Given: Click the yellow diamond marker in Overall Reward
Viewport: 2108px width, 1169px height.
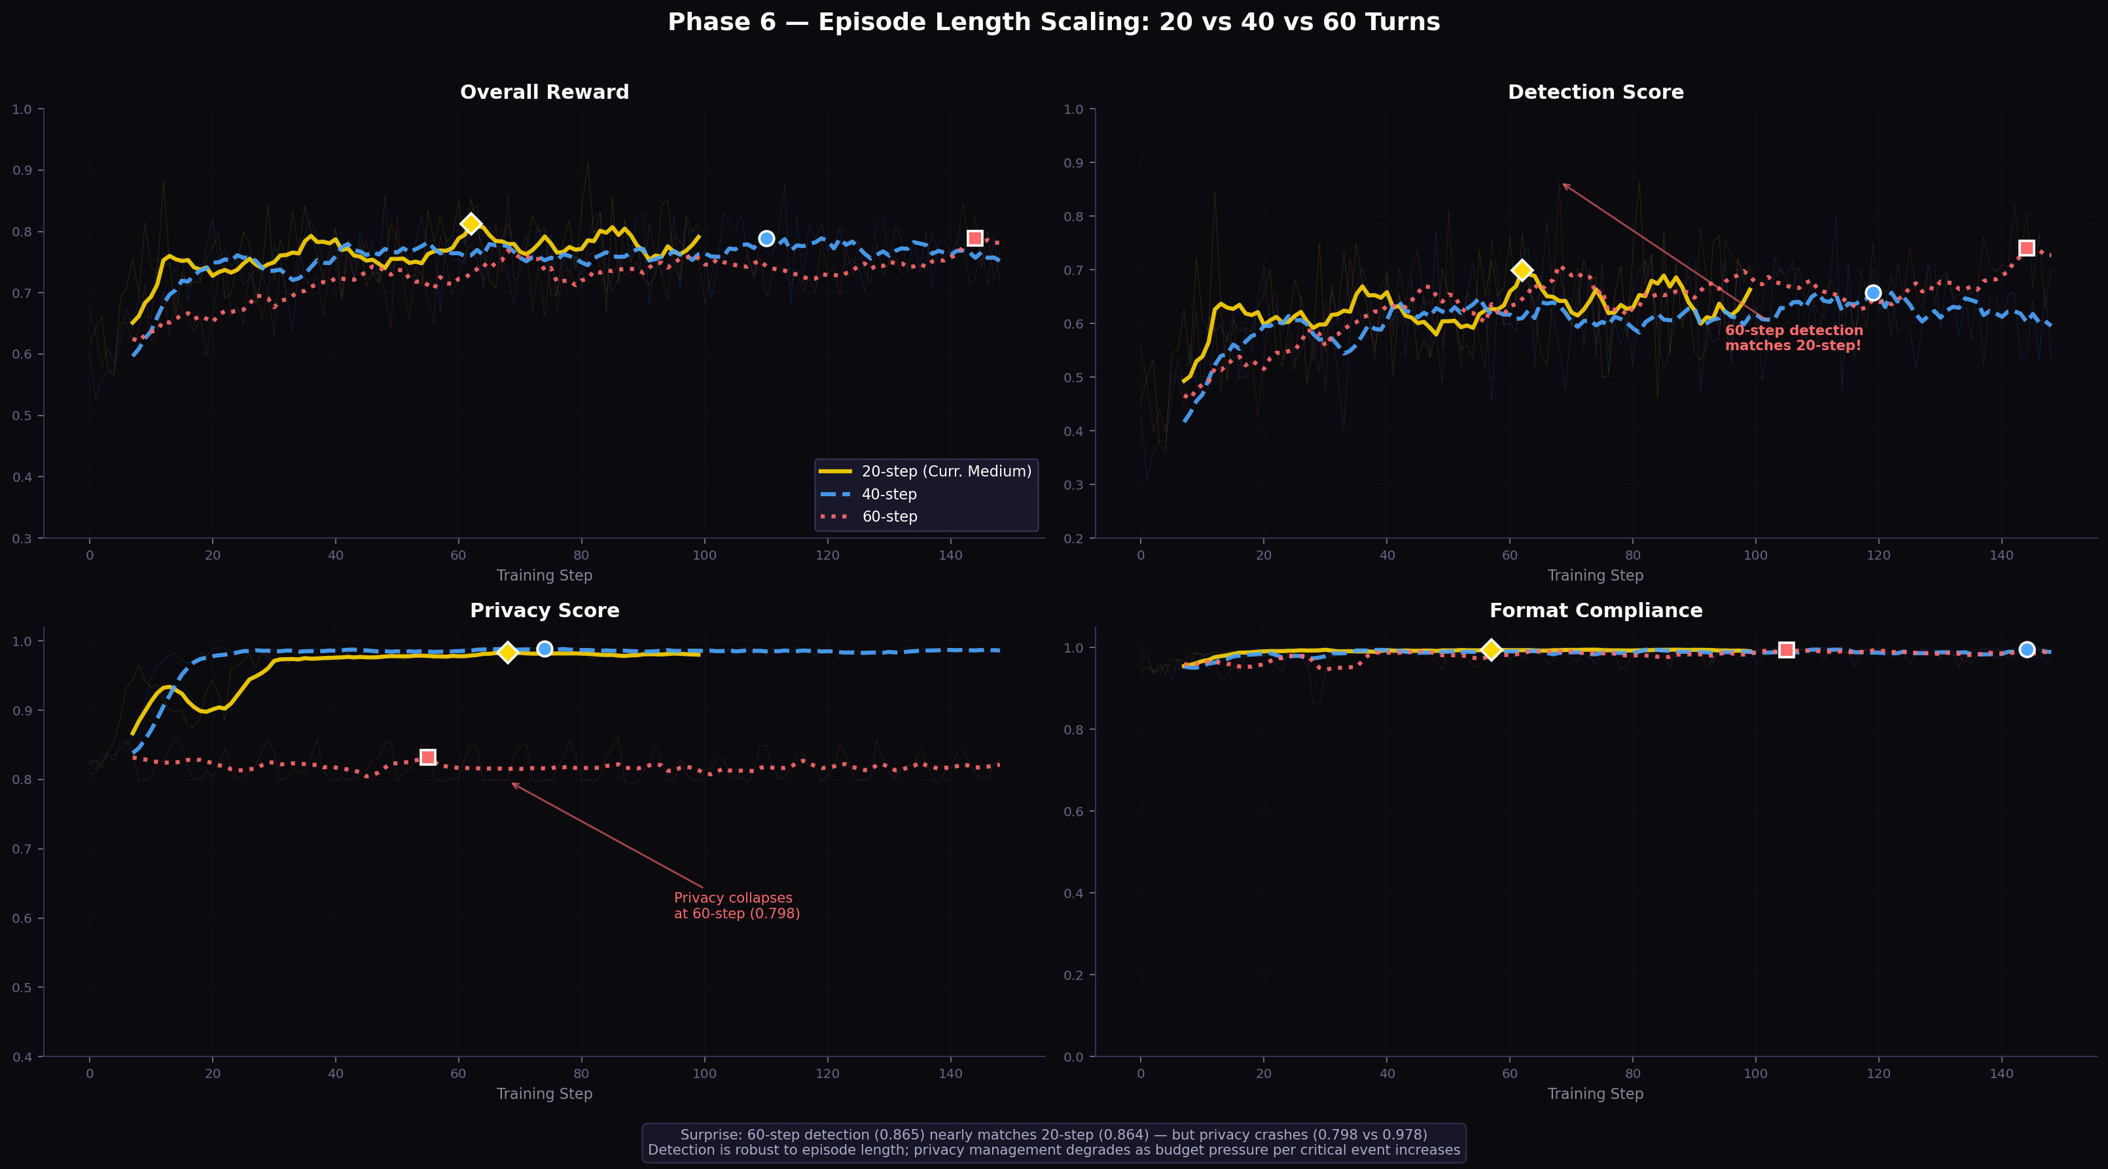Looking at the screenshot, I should [x=471, y=223].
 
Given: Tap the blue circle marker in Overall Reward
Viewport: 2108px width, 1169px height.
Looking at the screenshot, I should [x=766, y=238].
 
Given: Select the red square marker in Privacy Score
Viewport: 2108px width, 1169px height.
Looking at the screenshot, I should [x=427, y=757].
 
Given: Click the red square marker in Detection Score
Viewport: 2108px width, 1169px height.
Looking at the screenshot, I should [x=2026, y=248].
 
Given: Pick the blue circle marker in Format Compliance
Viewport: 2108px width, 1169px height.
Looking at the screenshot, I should [x=2026, y=649].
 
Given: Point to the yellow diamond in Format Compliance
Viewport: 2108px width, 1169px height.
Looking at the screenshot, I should [x=1491, y=650].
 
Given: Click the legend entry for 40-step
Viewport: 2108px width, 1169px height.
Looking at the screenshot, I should [x=889, y=494].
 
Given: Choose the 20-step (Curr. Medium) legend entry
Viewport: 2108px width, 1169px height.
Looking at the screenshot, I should [x=946, y=471].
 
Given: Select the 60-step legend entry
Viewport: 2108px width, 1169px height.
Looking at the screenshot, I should [x=889, y=516].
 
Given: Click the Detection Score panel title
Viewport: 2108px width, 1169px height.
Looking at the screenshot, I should [x=1595, y=92].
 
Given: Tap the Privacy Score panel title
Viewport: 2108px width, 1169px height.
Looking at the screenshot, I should [x=545, y=611].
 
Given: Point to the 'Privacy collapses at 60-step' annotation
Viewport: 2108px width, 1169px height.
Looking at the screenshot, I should [x=736, y=905].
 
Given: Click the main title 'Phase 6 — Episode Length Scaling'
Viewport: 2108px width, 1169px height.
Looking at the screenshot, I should [x=1053, y=22].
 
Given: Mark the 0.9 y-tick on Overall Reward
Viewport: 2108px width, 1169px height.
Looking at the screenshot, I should [x=22, y=170].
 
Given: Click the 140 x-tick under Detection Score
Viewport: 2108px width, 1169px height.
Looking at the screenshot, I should [x=2001, y=555].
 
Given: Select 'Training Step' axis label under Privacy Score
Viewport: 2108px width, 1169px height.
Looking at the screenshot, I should [x=545, y=1094].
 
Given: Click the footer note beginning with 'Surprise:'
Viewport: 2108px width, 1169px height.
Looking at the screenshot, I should [x=1053, y=1142].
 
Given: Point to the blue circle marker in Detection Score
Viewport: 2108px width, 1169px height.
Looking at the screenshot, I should [x=1872, y=293].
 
